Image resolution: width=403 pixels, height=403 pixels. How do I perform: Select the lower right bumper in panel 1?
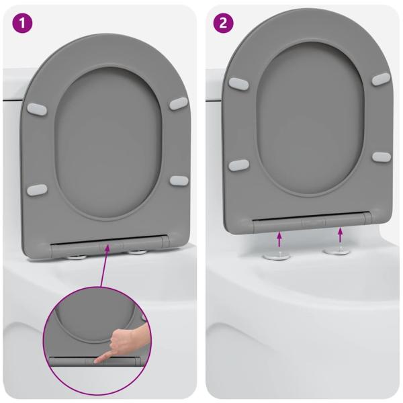point(179,179)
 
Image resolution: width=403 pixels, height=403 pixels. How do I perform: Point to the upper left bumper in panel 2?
point(238,83)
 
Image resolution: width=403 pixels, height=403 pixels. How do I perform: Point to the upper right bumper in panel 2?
point(381,79)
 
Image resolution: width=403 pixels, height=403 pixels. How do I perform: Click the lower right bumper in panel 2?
point(381,156)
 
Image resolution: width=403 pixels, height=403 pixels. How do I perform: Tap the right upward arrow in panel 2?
point(341,235)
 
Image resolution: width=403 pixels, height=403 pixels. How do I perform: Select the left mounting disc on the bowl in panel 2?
point(275,256)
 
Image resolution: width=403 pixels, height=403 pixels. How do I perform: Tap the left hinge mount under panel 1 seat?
point(77,255)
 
